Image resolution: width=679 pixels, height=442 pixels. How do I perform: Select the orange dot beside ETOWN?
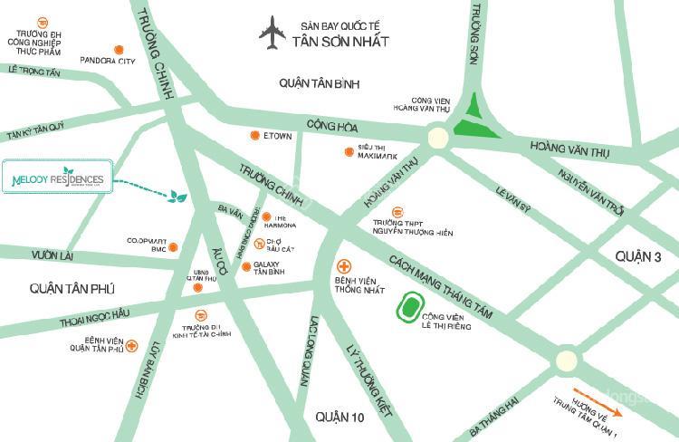(255, 136)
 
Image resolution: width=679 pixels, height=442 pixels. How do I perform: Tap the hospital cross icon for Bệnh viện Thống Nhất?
(343, 267)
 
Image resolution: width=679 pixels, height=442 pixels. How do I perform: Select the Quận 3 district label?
(638, 257)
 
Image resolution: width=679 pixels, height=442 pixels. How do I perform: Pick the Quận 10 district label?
(339, 416)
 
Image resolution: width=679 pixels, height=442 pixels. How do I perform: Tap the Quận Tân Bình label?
(320, 83)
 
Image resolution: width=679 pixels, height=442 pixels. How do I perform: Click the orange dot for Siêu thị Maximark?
(349, 151)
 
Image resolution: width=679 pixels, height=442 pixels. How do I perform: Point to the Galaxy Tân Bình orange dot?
(246, 266)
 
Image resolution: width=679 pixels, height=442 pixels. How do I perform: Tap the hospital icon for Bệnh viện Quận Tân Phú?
(132, 345)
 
